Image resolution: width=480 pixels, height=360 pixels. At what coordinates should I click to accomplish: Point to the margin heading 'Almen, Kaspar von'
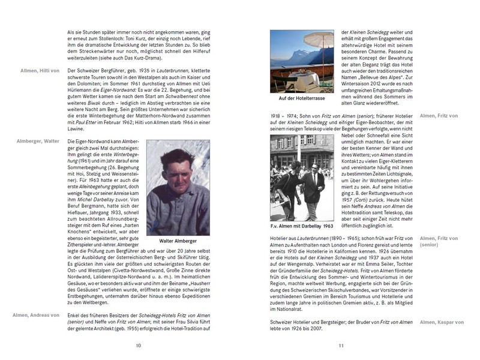coord(442,323)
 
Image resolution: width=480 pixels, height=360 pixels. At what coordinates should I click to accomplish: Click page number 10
coord(138,345)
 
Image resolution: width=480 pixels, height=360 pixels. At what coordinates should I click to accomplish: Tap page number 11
coord(341,345)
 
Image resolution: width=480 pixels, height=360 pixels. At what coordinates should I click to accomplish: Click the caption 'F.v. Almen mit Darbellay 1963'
coord(302,227)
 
